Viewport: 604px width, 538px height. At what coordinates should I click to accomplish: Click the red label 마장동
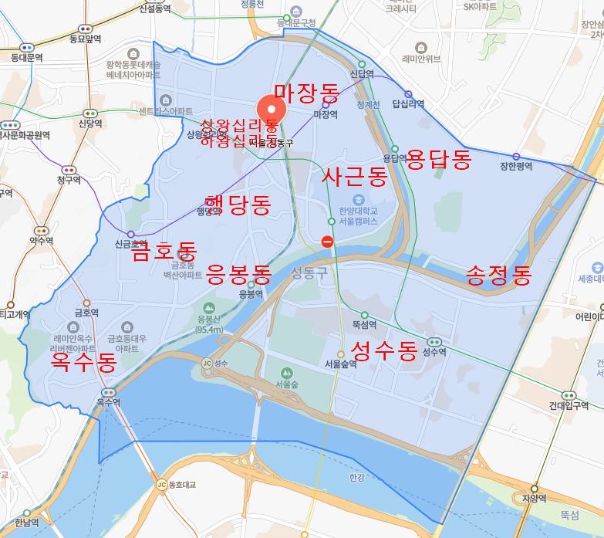pos(306,94)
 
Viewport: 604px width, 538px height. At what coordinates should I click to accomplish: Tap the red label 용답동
pos(438,160)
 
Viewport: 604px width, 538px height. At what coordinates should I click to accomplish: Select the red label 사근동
pos(354,177)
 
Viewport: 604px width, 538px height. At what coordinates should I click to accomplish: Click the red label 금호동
pos(164,252)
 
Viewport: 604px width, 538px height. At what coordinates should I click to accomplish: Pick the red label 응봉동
pos(239,274)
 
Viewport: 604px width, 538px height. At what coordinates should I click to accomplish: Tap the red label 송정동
pos(499,275)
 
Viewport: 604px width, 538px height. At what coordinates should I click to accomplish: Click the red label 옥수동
pos(83,363)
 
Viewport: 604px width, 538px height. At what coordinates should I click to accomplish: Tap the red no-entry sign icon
pos(327,242)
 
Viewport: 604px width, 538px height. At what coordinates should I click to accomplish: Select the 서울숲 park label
pos(286,383)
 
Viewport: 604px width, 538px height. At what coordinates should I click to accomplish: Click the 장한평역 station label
pos(516,166)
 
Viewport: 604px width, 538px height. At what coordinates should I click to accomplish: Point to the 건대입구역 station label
pos(569,405)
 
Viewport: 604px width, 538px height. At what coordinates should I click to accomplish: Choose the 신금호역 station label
pos(131,244)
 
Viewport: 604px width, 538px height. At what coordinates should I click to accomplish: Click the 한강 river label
pos(356,478)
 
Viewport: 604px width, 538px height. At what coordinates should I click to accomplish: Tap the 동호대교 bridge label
pos(183,485)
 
